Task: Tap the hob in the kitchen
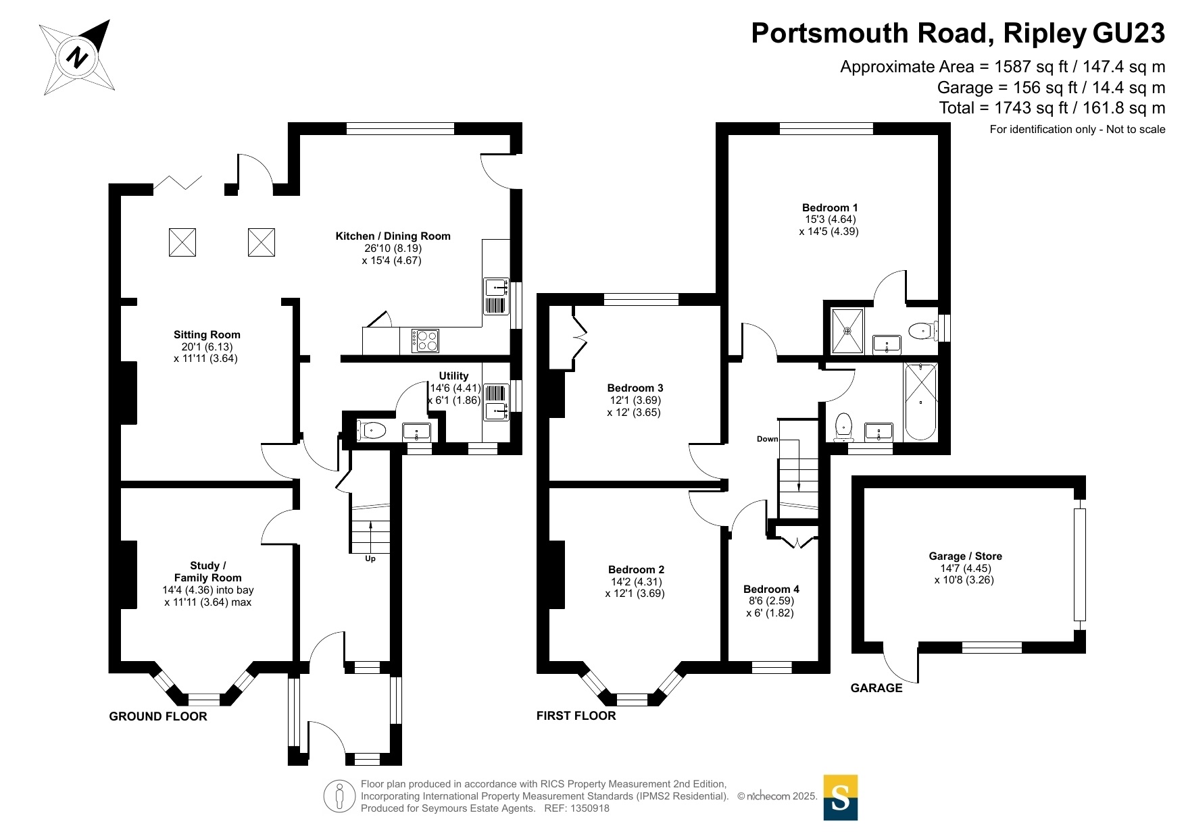pos(426,340)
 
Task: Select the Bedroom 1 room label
pos(830,207)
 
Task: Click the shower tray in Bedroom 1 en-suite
pos(847,331)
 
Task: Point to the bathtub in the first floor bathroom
pos(920,402)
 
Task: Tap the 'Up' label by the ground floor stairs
pos(370,559)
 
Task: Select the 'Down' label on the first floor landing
pos(767,439)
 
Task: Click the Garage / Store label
pos(965,556)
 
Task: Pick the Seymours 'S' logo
pos(841,797)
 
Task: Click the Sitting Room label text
pos(207,335)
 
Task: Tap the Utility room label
pos(453,376)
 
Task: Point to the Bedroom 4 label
pos(771,590)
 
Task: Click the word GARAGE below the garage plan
pos(876,688)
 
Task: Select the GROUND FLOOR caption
pos(158,716)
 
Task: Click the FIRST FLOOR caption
pos(576,716)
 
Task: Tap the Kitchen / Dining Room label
pos(393,236)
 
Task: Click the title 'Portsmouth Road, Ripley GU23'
pos(958,33)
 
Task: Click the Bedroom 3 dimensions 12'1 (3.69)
pos(635,400)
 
